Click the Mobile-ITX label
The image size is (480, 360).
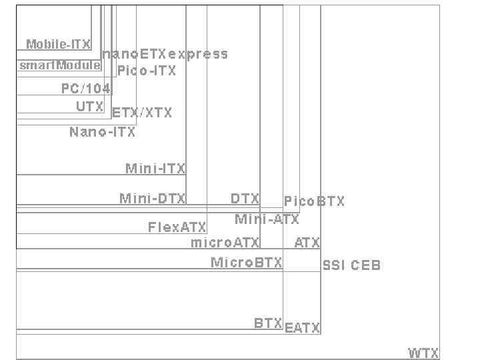point(58,45)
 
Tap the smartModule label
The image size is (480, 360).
point(60,65)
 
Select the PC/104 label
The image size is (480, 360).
point(86,89)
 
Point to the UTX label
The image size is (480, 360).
point(89,107)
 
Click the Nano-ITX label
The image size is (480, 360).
point(102,132)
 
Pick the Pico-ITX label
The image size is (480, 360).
point(147,71)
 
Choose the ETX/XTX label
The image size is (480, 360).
point(141,113)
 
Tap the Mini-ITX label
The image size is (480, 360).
point(155,168)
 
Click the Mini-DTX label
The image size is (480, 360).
point(153,198)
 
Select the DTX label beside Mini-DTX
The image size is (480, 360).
point(245,198)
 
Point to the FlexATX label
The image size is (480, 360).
point(177,227)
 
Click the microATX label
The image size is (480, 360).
point(225,242)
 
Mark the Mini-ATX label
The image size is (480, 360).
point(267,219)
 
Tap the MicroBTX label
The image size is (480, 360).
point(246,263)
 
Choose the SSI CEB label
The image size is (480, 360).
point(351,265)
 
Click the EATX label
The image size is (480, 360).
point(302,328)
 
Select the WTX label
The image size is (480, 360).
point(423,353)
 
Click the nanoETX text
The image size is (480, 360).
point(134,54)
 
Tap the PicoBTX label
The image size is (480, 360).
point(314,201)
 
